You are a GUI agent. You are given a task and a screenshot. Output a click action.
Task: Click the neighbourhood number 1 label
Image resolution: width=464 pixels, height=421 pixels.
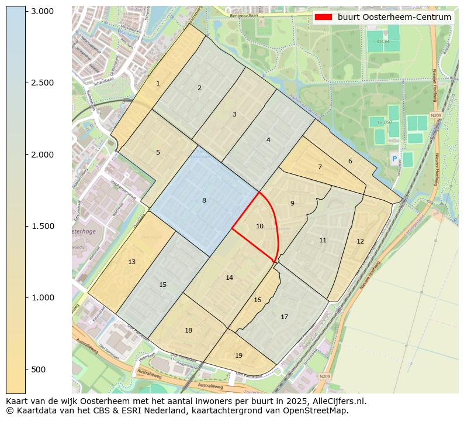point(158,84)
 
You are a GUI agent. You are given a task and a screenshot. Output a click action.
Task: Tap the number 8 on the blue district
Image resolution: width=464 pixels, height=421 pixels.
point(204,201)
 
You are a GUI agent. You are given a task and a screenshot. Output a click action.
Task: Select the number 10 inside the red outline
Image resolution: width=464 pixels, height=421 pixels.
point(260,226)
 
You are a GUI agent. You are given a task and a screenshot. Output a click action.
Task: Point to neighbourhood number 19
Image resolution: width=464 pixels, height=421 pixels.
point(238,355)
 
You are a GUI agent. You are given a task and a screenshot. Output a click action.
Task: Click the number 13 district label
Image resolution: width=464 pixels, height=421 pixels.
point(132,262)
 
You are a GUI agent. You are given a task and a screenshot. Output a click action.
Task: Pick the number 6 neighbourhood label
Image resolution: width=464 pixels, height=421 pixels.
point(350,161)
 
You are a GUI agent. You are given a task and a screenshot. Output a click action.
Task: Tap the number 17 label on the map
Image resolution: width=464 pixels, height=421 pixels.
point(284,317)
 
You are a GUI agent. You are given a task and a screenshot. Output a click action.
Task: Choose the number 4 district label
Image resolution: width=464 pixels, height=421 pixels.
point(268,140)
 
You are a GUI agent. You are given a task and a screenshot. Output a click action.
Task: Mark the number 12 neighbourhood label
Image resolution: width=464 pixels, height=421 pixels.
point(360,241)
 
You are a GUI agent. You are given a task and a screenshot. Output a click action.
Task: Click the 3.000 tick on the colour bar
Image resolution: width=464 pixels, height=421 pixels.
point(42,11)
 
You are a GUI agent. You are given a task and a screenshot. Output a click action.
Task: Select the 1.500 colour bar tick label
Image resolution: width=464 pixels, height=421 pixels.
point(42,226)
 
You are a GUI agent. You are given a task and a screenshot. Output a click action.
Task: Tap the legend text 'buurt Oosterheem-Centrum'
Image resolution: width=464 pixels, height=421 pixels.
point(394,17)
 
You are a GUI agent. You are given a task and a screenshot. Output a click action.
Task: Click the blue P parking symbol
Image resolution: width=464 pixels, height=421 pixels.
point(394,159)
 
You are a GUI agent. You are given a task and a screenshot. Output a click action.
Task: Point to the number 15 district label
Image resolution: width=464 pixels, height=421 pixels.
point(163,285)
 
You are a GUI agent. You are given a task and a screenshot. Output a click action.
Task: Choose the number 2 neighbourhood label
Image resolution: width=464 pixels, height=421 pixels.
point(199,88)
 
